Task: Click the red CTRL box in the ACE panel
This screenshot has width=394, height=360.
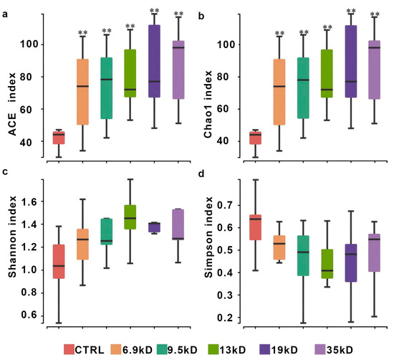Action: click(x=59, y=138)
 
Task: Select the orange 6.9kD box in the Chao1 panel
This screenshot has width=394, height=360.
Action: click(x=279, y=92)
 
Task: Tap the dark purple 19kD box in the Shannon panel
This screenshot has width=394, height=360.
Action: click(x=154, y=227)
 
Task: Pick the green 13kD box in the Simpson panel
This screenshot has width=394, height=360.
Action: click(x=327, y=264)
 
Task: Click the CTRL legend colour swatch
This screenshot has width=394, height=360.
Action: click(x=69, y=349)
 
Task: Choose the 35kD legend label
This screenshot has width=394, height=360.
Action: click(x=340, y=350)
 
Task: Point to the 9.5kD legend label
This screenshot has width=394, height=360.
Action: click(x=183, y=350)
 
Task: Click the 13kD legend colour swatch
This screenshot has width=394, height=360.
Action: click(x=213, y=349)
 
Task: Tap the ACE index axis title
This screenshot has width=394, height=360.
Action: click(x=12, y=104)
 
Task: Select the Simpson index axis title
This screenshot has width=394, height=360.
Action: click(x=208, y=237)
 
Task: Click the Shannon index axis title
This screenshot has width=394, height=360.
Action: click(x=12, y=237)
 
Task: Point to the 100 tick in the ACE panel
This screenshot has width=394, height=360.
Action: click(x=29, y=44)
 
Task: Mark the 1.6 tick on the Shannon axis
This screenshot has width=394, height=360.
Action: click(x=29, y=202)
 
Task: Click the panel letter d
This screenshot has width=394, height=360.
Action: click(x=201, y=174)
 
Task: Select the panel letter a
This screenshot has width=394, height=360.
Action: click(x=5, y=14)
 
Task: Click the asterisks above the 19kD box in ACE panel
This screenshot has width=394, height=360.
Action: click(x=154, y=11)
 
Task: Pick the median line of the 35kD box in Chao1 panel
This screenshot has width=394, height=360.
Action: click(x=375, y=47)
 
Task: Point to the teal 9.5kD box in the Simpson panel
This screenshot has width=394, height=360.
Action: click(x=303, y=255)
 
